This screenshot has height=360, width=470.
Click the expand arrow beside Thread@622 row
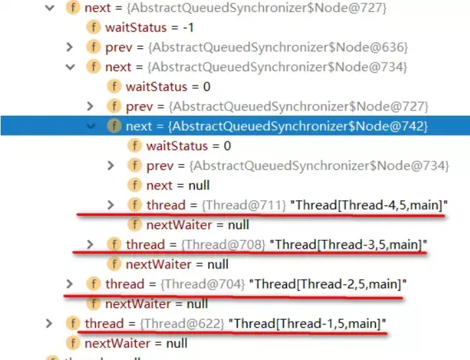click(49, 323)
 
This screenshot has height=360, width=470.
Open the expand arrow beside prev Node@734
click(111, 166)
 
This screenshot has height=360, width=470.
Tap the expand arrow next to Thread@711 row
click(111, 205)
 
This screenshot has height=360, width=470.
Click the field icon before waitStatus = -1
click(94, 28)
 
